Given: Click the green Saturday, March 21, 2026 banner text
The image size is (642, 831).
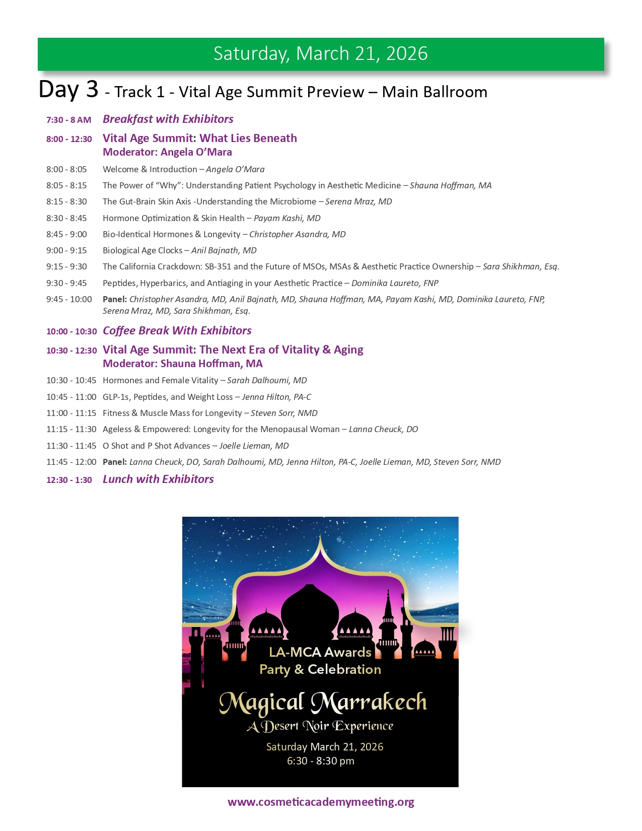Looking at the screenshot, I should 320,53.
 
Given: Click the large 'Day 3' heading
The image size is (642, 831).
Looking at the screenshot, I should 68,90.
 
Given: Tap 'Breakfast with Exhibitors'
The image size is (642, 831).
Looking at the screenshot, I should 168,119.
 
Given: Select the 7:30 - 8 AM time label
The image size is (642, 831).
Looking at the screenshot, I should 68,120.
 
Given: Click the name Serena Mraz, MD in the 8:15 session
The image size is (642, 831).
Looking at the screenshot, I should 359,201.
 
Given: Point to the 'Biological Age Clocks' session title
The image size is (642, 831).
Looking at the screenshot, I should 142,250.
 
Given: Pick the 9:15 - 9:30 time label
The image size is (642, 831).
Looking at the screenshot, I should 66,266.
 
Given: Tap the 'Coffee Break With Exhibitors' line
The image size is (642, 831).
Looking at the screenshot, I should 177,330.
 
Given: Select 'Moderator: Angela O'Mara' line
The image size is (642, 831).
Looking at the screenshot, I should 167,152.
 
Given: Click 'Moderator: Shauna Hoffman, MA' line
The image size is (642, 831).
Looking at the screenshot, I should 182,364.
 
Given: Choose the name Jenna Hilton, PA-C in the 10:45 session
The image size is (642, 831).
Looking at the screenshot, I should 276,397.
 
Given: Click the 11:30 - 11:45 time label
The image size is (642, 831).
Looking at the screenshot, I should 71,446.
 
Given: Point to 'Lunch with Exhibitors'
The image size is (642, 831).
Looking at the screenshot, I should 158,479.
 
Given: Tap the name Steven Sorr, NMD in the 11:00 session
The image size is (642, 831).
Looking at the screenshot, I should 284,413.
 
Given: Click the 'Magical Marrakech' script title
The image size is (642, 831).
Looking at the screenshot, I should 322,703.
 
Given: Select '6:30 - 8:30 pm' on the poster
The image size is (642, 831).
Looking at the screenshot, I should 320,761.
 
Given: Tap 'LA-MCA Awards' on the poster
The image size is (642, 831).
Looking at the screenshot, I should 320,652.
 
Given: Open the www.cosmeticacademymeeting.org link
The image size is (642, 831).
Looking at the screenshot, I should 321,802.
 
